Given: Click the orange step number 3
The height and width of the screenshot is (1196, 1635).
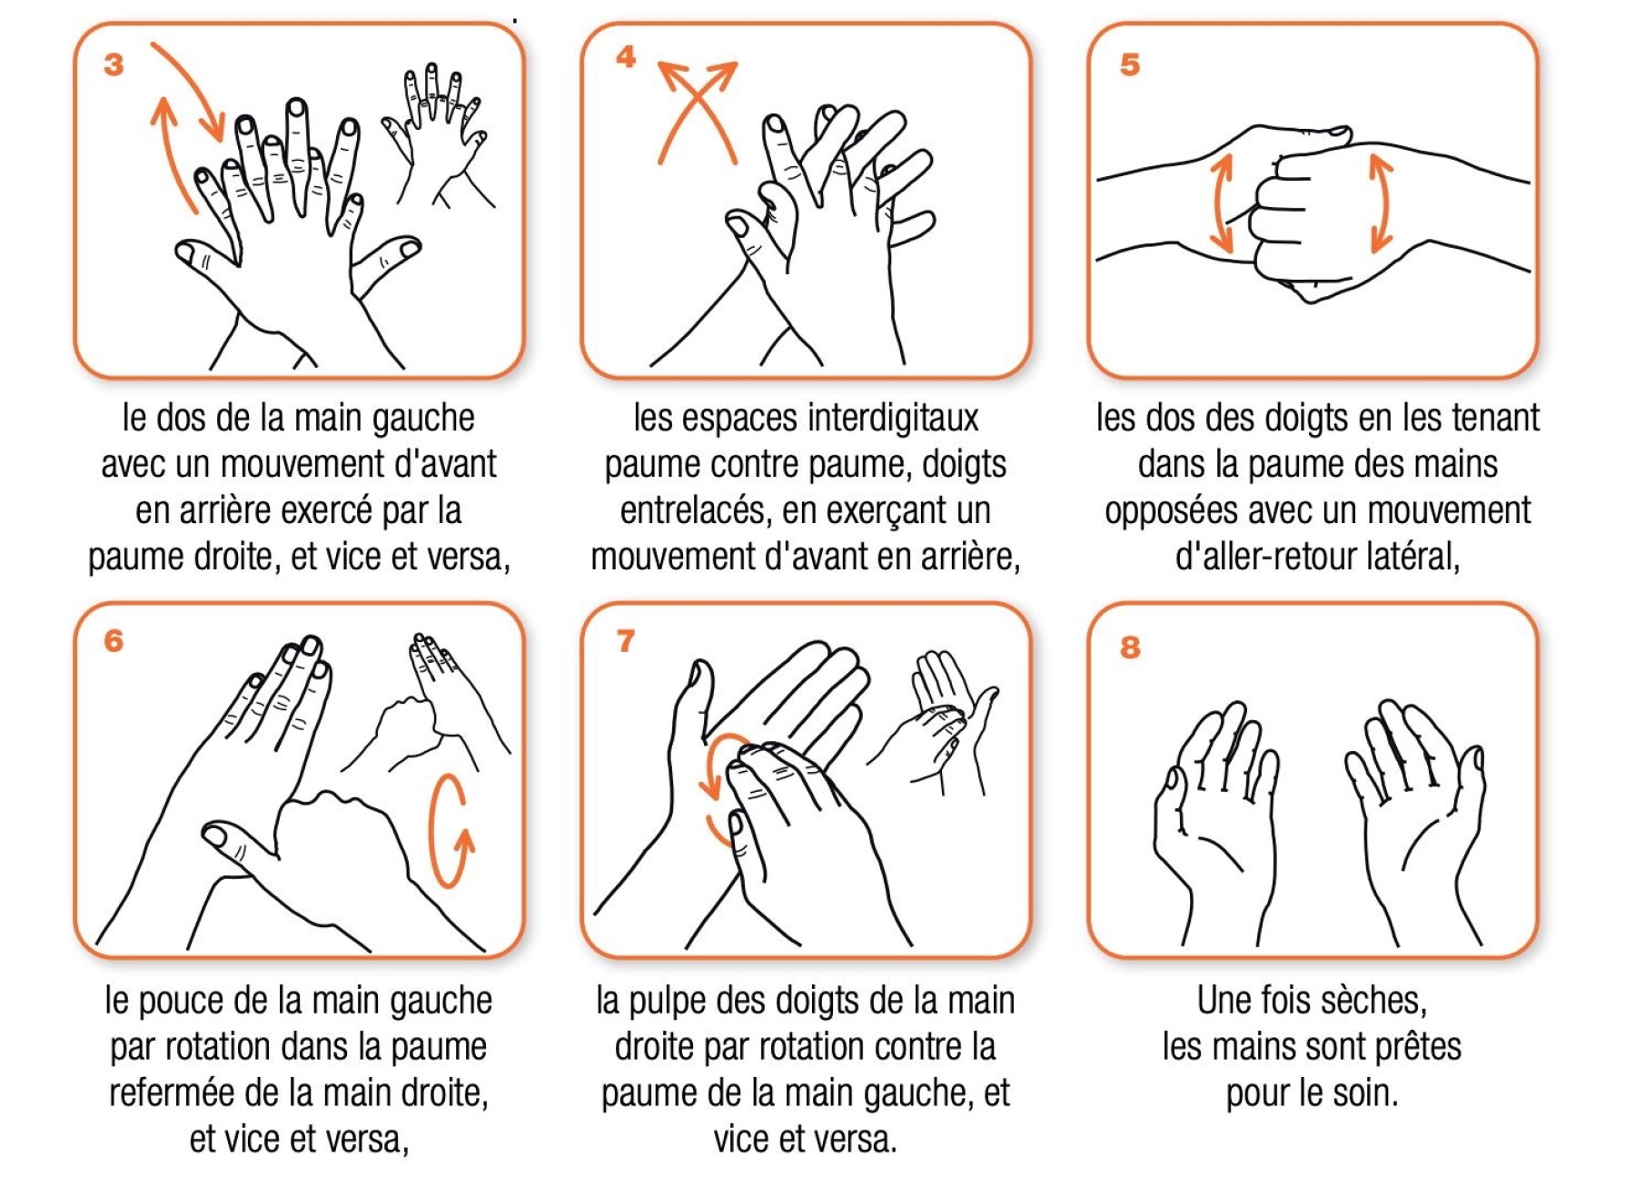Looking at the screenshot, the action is tap(114, 64).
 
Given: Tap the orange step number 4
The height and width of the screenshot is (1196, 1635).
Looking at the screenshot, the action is tap(625, 57).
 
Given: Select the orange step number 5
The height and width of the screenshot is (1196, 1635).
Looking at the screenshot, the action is tap(1129, 64).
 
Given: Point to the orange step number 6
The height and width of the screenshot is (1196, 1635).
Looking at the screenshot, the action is tap(114, 640).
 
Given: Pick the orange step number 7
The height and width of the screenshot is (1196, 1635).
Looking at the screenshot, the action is tap(625, 641).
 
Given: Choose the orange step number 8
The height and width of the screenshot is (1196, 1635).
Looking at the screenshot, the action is tap(1129, 647).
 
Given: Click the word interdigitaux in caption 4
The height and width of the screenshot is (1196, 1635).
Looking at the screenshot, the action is tap(893, 418).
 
